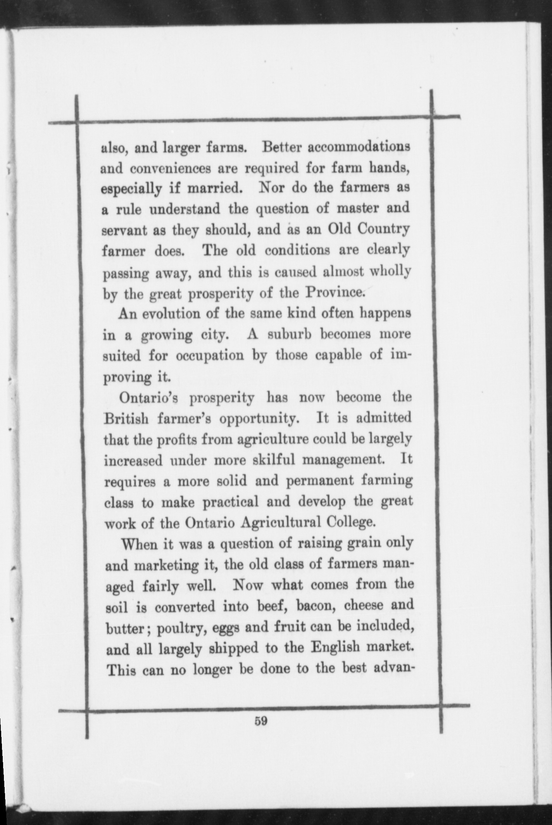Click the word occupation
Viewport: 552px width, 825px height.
tap(209, 356)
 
